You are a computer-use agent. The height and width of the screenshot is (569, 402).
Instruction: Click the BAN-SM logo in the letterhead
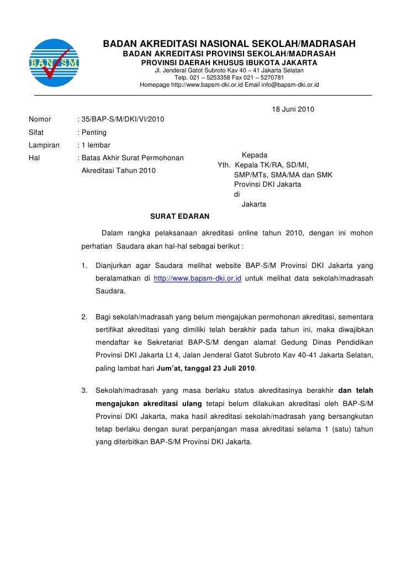53,62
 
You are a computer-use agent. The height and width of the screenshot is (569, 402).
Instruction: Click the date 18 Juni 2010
293,109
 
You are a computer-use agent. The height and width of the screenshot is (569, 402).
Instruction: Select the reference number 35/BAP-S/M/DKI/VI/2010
122,119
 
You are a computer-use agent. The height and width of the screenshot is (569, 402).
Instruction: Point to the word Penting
94,133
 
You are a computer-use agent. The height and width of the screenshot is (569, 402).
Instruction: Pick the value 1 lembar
96,145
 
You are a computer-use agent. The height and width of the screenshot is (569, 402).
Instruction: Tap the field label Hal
34,158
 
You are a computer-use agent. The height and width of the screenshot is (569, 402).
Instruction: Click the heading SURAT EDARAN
179,215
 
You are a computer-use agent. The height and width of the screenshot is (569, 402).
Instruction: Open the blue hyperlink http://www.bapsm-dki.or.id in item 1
198,278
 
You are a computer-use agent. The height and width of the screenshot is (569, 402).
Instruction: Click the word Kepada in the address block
255,156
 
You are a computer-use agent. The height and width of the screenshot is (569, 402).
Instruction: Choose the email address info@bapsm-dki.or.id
282,86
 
